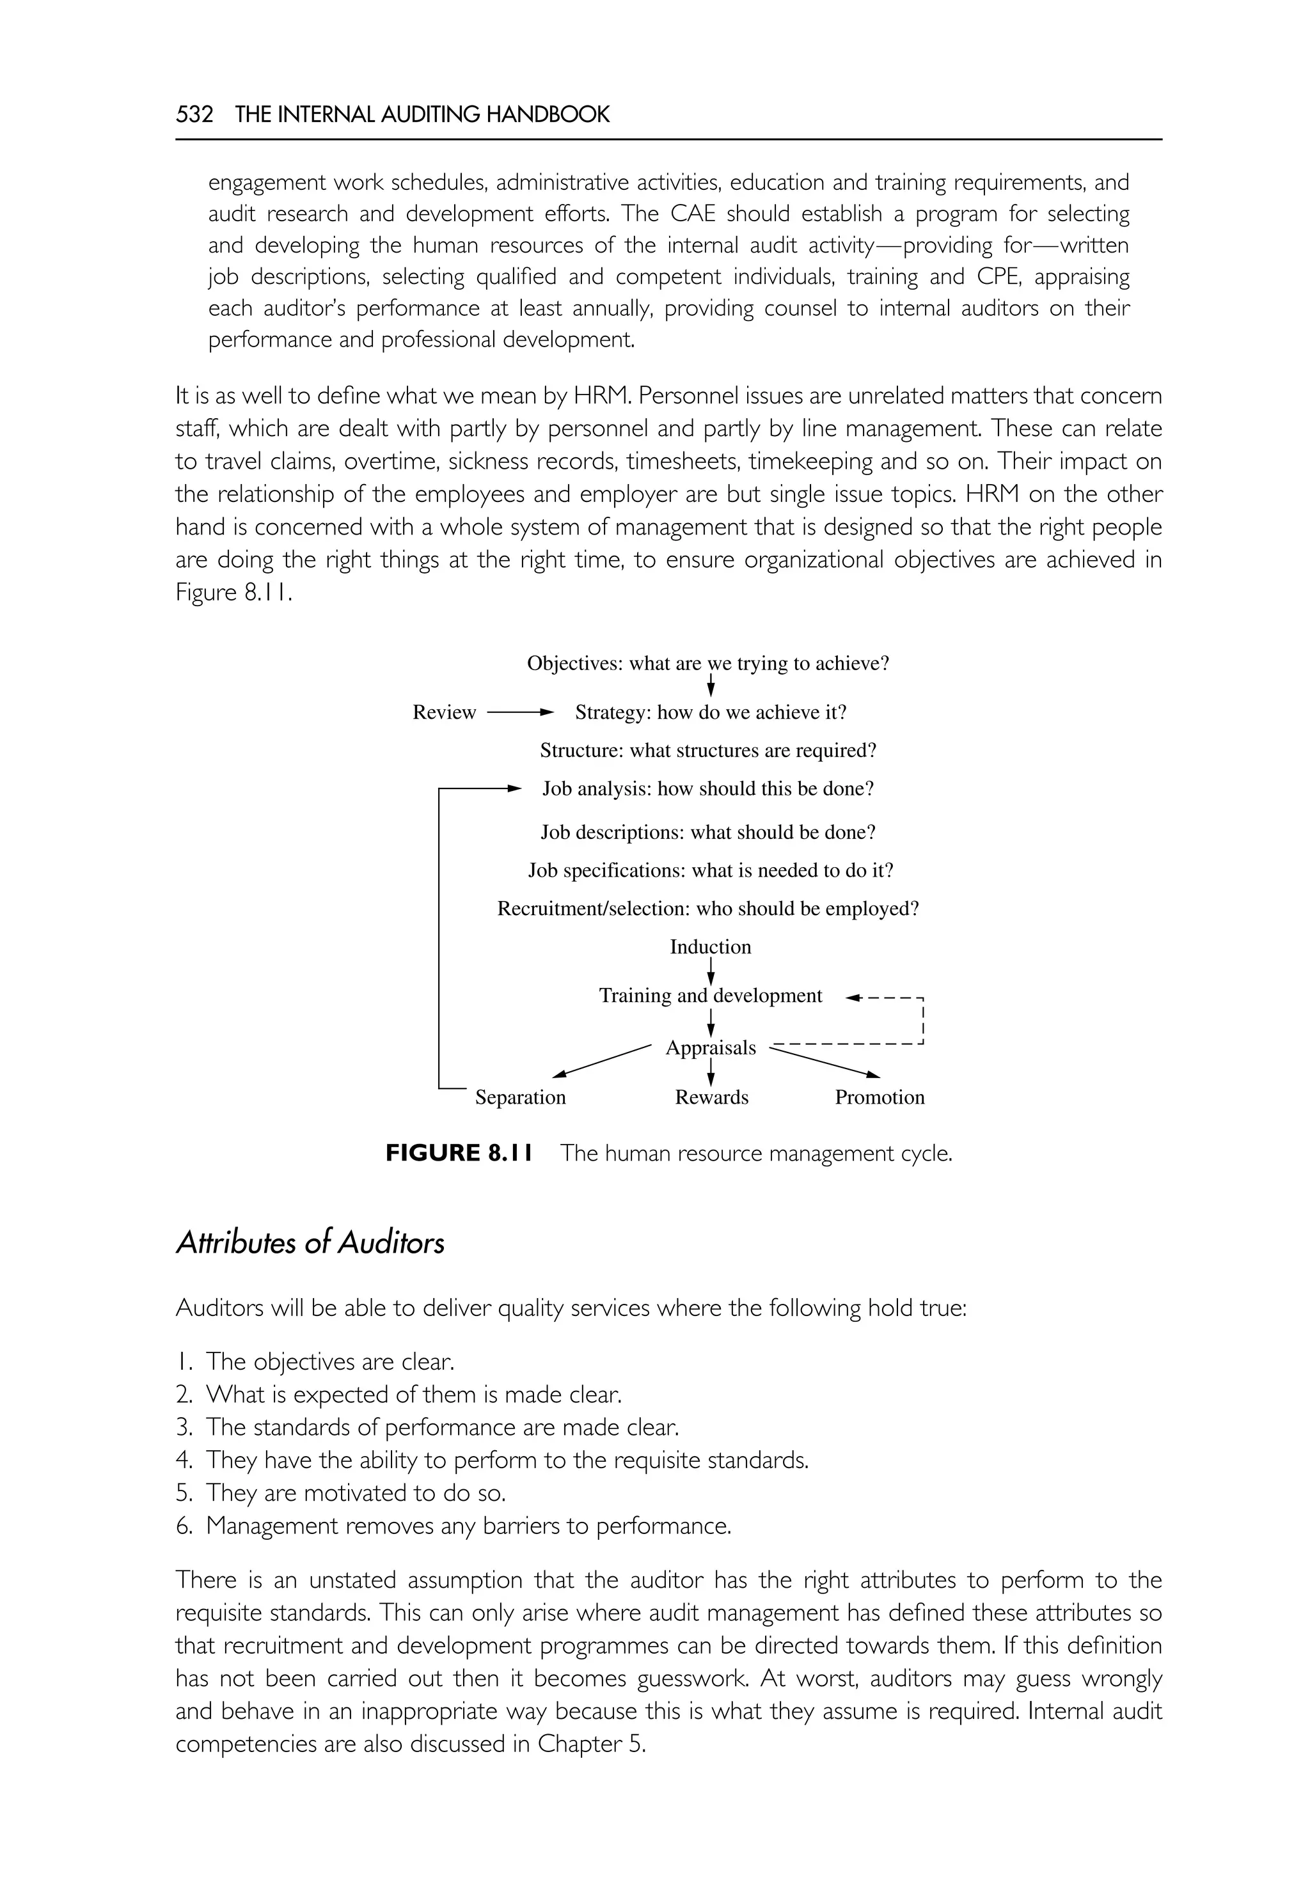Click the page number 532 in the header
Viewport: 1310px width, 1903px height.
tap(194, 114)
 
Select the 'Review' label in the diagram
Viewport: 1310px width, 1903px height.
tap(444, 712)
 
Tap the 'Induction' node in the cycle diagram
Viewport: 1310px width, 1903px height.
tap(710, 947)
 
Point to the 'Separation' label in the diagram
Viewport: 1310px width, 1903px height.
tap(521, 1097)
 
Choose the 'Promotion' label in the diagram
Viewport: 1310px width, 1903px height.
tap(879, 1097)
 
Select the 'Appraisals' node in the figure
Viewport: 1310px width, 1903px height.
tap(710, 1048)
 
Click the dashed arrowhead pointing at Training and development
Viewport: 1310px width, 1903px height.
tap(854, 998)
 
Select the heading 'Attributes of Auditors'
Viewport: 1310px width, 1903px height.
tap(310, 1243)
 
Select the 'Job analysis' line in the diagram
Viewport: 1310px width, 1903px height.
tap(707, 790)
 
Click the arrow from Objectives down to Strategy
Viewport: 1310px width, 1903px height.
tap(710, 686)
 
